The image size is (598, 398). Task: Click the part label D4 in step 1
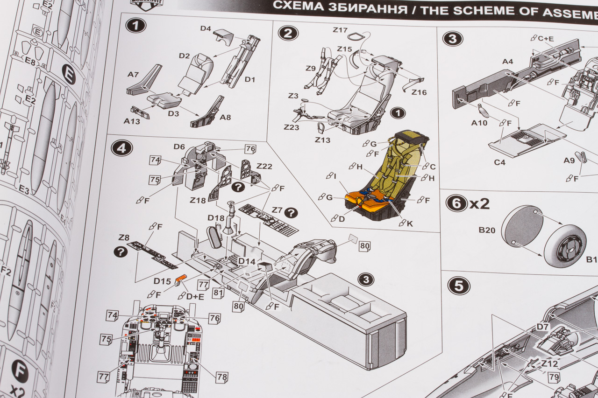point(206,28)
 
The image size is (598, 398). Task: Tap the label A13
point(132,121)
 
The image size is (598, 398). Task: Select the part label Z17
point(340,30)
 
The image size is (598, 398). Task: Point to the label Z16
point(419,92)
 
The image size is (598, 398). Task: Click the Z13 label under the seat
point(322,140)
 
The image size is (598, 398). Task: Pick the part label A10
point(479,123)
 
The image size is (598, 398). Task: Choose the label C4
point(500,162)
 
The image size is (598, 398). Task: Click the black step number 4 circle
point(121,148)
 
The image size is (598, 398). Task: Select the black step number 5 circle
point(458,286)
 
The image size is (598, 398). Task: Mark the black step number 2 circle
point(288,33)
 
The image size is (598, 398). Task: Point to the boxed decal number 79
point(554,377)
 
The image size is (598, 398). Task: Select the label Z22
point(264,167)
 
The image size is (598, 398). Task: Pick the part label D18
point(216,218)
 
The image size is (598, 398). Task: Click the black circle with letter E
point(69,74)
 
